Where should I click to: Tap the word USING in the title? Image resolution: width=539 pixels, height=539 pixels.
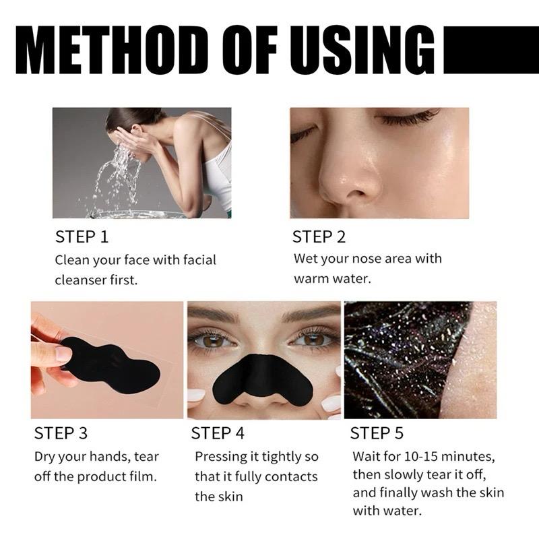[363, 50]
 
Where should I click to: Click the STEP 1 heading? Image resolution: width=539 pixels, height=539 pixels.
[82, 237]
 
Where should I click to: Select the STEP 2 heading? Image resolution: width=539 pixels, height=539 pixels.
[319, 237]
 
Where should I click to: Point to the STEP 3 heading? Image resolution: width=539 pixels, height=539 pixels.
[61, 433]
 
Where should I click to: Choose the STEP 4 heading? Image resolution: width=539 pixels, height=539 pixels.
[218, 433]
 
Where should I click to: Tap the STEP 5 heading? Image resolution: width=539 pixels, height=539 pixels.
[377, 433]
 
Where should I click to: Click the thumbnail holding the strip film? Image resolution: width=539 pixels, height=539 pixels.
[63, 353]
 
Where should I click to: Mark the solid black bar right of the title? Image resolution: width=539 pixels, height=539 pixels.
[491, 50]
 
